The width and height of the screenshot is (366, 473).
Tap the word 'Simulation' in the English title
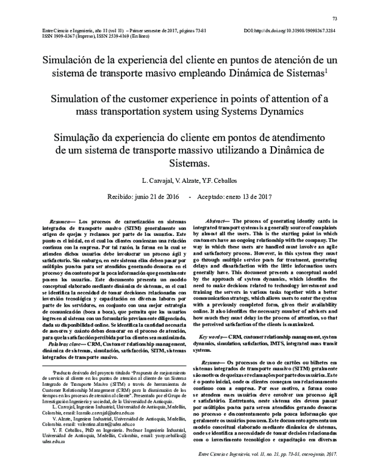click(77, 100)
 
